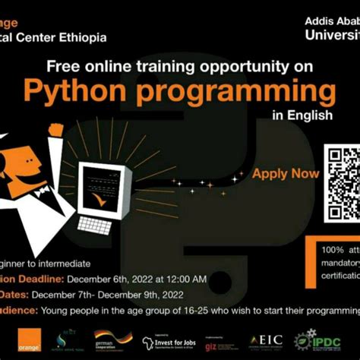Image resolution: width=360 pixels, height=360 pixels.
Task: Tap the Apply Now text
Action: tap(286, 173)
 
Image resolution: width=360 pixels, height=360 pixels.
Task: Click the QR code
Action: tap(342, 172)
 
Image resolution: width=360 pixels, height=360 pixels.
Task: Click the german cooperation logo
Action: tap(112, 339)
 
